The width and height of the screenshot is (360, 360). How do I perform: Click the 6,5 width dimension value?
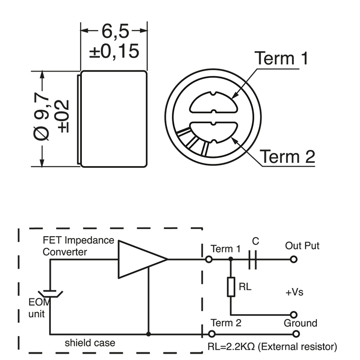click(x=114, y=31)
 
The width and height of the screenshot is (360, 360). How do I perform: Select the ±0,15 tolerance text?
click(x=114, y=51)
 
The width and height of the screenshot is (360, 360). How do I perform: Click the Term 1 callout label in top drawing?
click(x=281, y=58)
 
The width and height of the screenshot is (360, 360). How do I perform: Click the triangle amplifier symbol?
click(x=139, y=259)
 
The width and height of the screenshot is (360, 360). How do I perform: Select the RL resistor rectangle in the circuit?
click(x=231, y=287)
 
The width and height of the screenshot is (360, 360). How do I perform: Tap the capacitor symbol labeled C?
click(x=253, y=260)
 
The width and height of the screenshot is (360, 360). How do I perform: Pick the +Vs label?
click(x=294, y=292)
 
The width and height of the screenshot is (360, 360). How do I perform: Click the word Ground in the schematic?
click(x=300, y=323)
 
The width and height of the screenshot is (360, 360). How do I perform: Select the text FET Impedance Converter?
click(x=78, y=246)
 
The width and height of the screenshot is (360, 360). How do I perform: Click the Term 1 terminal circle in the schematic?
click(x=209, y=260)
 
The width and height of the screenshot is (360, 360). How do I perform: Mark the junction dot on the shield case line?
click(x=148, y=334)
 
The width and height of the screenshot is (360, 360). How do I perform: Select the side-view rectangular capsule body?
click(x=114, y=119)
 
